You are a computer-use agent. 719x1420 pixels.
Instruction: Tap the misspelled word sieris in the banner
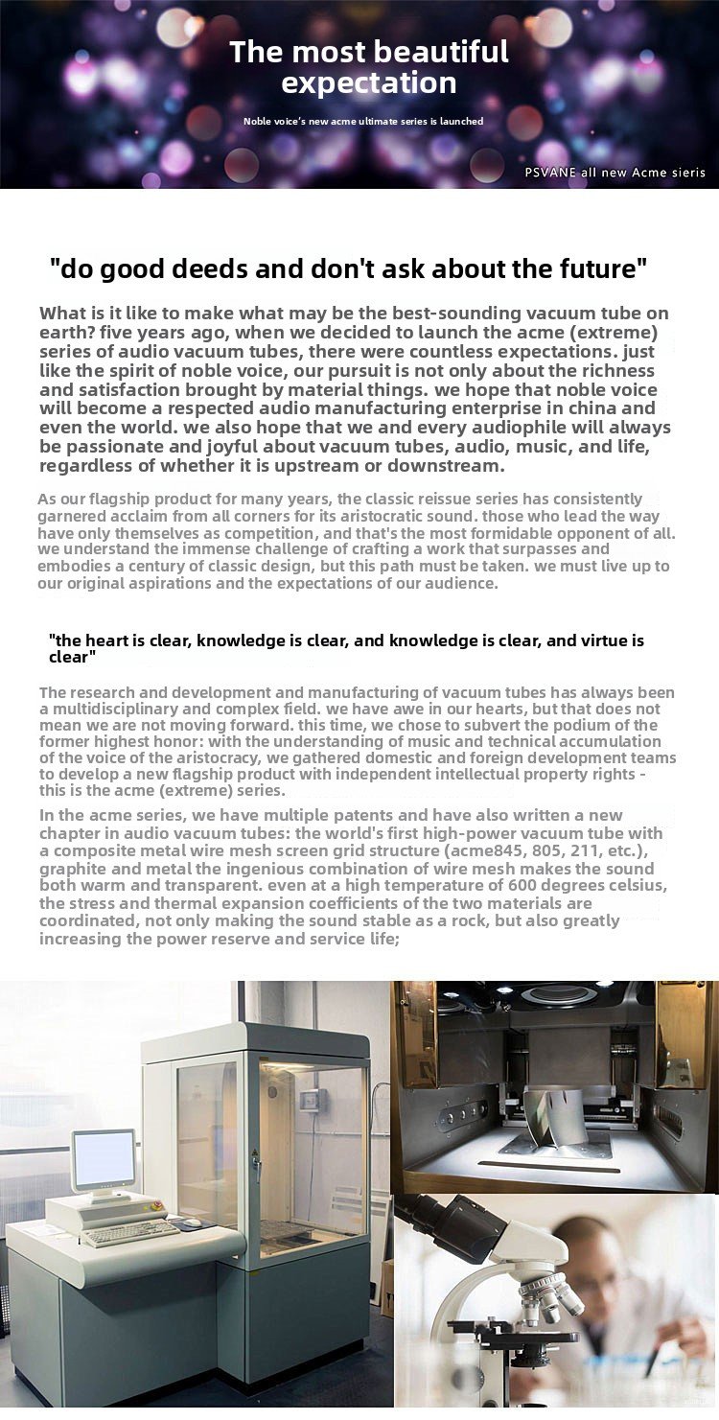[686, 173]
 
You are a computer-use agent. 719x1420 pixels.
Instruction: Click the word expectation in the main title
[369, 83]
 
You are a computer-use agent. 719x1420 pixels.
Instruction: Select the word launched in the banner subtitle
[463, 122]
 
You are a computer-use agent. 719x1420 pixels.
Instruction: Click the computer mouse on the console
[193, 1222]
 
